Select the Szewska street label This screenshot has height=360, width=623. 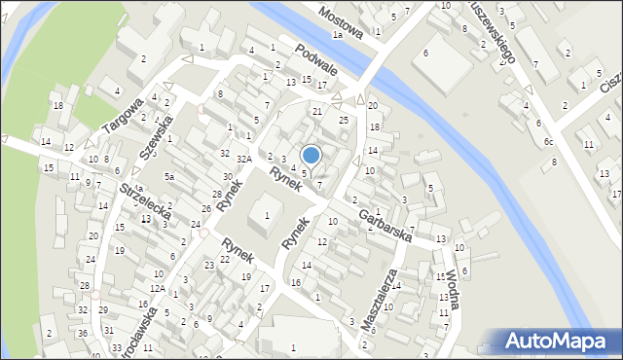click(157, 134)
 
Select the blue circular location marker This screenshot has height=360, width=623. click(311, 155)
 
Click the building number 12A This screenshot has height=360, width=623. click(157, 289)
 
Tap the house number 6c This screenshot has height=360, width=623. click(548, 142)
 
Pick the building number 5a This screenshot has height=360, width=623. click(168, 177)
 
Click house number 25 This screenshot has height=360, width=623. click(343, 120)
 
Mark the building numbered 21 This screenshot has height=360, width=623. click(316, 112)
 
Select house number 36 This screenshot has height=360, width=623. click(83, 334)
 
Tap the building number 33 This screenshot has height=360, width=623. click(117, 347)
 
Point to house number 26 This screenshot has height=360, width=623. click(205, 209)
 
